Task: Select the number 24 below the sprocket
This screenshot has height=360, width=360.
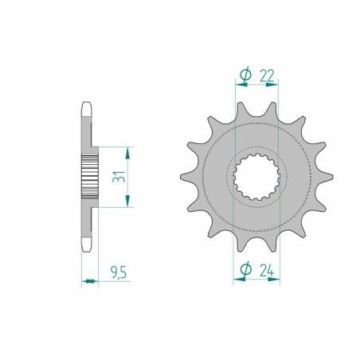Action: click(267, 271)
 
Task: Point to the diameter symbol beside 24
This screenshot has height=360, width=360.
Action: click(246, 271)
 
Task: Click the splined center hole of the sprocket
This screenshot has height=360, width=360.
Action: click(256, 175)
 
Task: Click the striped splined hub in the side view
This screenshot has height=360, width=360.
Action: click(88, 176)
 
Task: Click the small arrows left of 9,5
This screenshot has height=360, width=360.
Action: click(88, 280)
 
